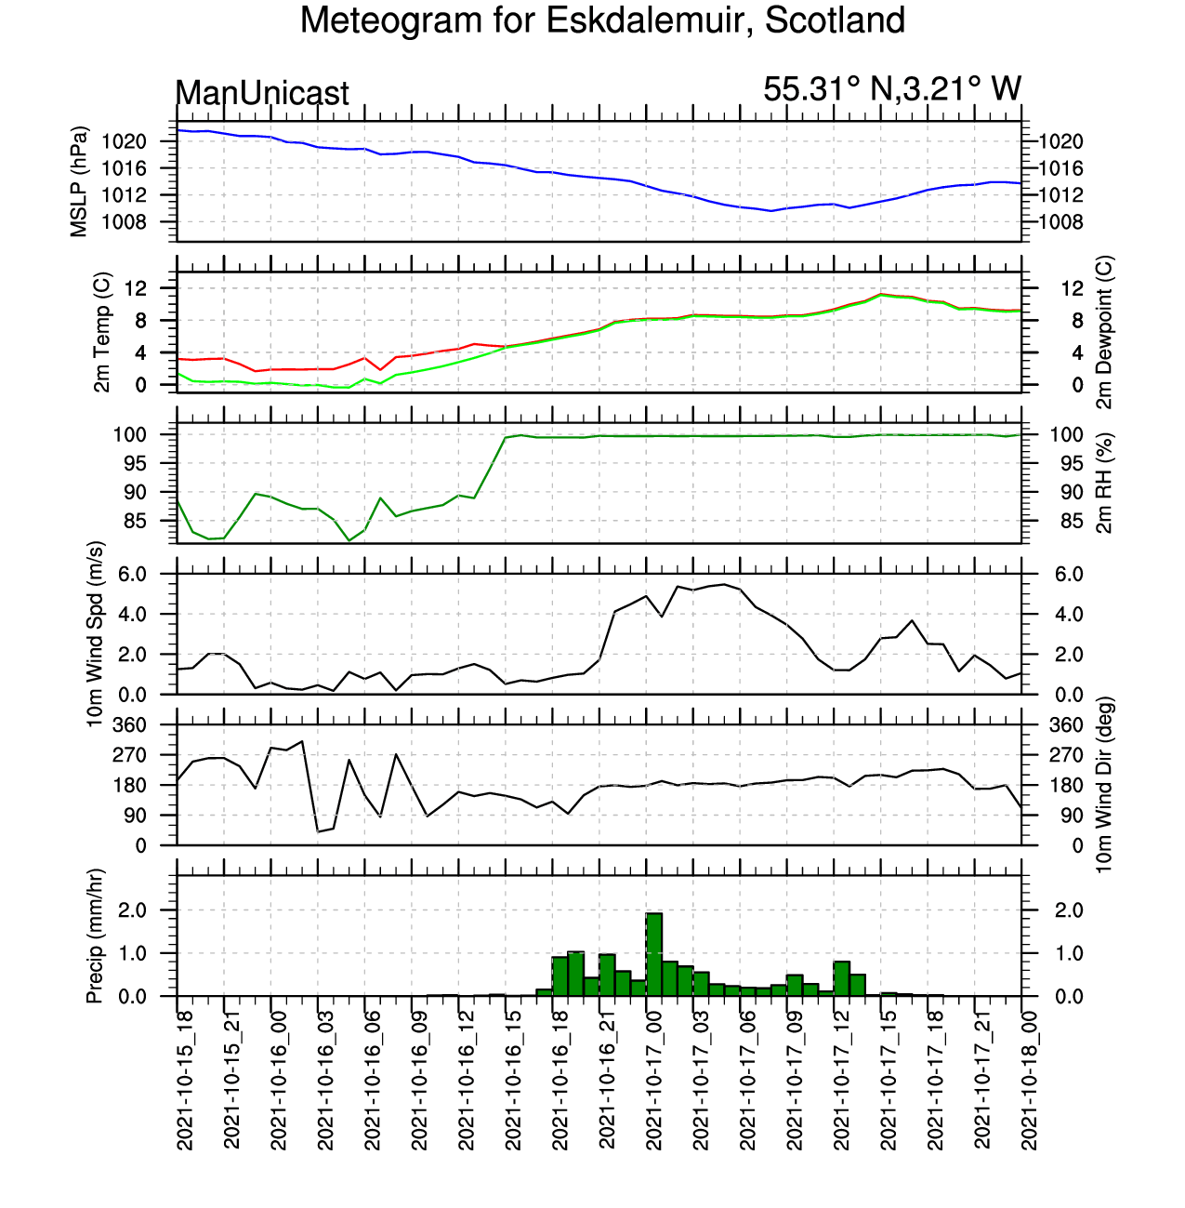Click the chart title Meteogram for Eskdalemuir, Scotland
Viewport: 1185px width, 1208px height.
(601, 20)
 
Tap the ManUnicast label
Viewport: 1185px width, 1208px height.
(262, 93)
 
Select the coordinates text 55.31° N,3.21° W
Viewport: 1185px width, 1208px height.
(891, 89)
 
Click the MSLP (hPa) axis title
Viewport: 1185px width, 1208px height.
(80, 181)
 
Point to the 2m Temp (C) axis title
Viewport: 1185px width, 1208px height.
(102, 332)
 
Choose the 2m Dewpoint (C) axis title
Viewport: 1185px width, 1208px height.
(1104, 332)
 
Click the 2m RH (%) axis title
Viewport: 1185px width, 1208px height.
(1104, 484)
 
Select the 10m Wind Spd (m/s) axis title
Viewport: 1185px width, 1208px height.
(95, 634)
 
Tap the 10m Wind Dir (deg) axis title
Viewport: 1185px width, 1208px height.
(1104, 785)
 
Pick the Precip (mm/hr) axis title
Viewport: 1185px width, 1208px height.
(95, 936)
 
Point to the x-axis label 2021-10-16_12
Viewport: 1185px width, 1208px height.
(467, 1079)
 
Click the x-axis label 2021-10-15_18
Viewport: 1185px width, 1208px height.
(185, 1079)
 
